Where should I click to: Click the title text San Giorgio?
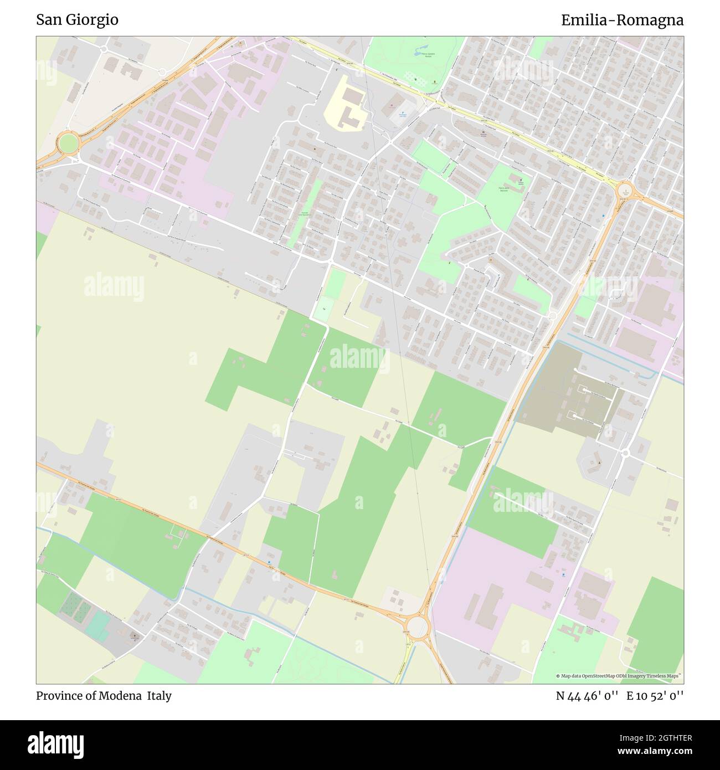click(77, 20)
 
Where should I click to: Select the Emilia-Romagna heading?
click(622, 20)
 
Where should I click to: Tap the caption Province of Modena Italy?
click(104, 696)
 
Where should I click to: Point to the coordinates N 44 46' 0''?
click(587, 696)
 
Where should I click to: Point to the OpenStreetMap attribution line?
click(619, 676)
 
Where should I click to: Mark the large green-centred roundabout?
click(68, 143)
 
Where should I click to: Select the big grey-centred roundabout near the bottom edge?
click(419, 627)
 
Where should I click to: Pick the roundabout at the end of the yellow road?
click(625, 192)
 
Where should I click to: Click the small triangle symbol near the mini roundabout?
click(598, 461)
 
